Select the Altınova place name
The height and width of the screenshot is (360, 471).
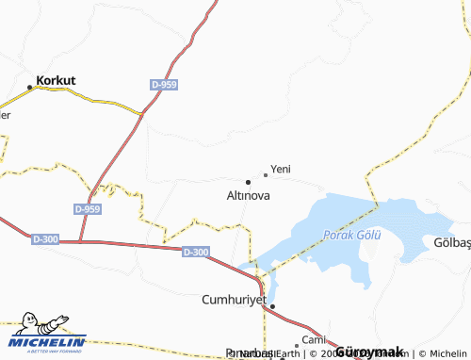tap(249, 196)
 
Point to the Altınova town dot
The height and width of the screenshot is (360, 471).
tap(248, 181)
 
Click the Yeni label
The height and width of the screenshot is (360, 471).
tap(281, 169)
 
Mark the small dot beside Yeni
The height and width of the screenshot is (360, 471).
tap(266, 174)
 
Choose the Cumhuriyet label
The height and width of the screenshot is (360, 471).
tap(235, 300)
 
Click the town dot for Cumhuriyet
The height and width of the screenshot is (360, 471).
tap(272, 306)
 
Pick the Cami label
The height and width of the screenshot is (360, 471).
tap(313, 338)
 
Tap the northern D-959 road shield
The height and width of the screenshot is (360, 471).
tap(163, 85)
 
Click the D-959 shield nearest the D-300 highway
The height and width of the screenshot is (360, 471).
tap(87, 208)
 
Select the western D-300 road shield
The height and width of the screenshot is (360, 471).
tap(44, 239)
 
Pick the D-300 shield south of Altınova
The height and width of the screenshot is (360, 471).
tap(196, 252)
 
